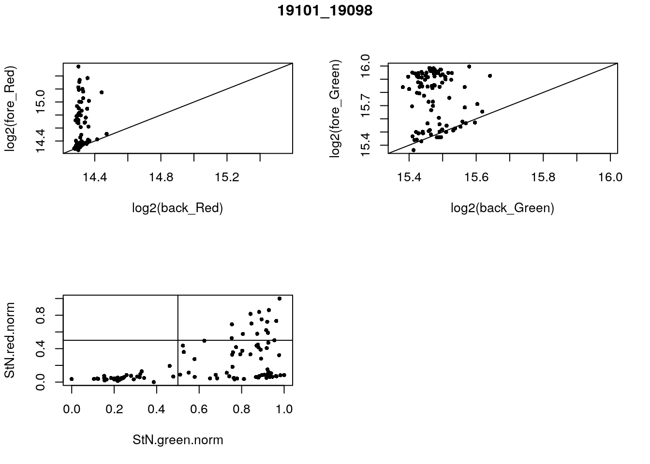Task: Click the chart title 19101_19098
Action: [x=325, y=11]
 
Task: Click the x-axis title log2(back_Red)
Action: [x=177, y=208]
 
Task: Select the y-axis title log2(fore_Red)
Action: [x=10, y=108]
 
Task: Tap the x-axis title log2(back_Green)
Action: [x=502, y=208]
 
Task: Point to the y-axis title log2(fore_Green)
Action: [x=335, y=108]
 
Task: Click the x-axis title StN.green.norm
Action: [x=177, y=440]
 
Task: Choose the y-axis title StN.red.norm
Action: [x=10, y=340]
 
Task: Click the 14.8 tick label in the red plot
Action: [x=161, y=178]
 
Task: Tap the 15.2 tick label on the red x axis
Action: [x=227, y=178]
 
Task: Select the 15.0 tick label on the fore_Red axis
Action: [x=41, y=102]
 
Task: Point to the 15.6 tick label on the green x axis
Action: [x=476, y=178]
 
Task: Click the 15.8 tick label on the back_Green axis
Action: [x=543, y=178]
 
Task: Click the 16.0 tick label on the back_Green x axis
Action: [x=610, y=178]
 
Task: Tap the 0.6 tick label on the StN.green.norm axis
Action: [x=199, y=409]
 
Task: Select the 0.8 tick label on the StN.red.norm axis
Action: [x=41, y=316]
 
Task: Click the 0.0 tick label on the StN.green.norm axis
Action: [x=72, y=409]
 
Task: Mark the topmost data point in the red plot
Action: [x=78, y=67]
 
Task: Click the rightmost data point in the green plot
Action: [x=490, y=76]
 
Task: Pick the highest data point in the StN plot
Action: [x=280, y=299]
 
